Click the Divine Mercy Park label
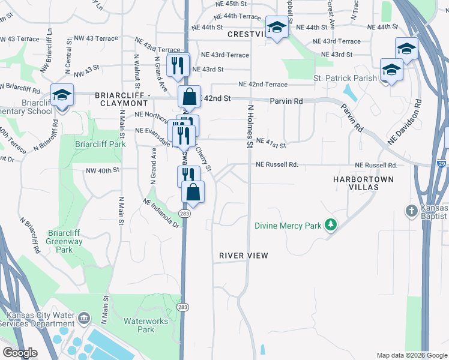click(288, 226)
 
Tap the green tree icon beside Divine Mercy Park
click(330, 225)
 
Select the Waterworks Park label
click(146, 325)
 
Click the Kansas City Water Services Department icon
click(83, 317)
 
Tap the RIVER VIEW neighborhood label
click(243, 256)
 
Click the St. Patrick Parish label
click(345, 78)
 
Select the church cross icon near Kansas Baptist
click(412, 211)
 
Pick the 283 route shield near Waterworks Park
click(184, 307)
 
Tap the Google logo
click(20, 353)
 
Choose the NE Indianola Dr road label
click(161, 213)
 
